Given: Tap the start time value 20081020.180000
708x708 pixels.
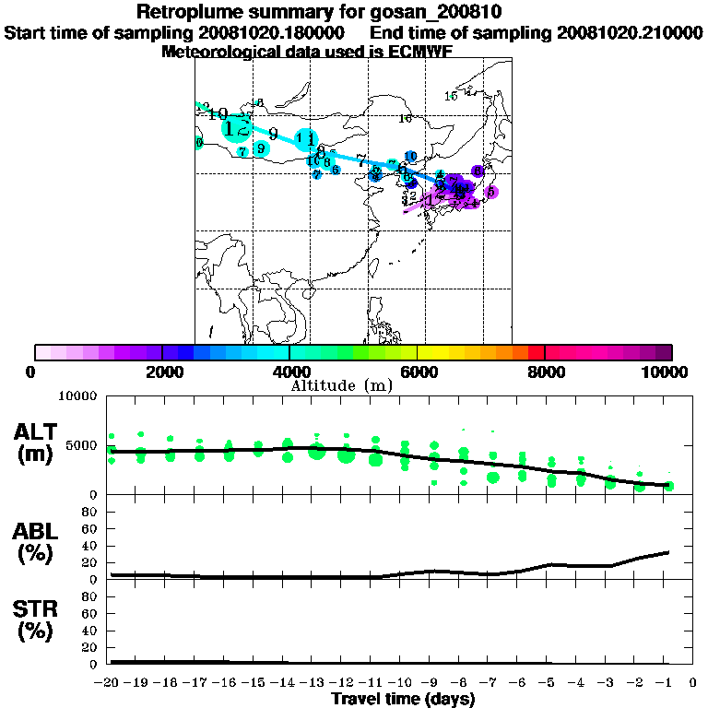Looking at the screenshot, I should click(272, 32).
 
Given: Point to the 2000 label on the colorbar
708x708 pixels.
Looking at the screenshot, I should click(161, 372).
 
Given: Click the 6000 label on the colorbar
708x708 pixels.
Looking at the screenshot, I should click(417, 372).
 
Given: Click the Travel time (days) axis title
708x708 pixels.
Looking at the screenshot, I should click(403, 699).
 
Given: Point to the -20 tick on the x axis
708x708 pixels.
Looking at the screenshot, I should click(110, 683).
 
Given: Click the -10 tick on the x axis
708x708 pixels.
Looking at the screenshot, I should click(403, 683).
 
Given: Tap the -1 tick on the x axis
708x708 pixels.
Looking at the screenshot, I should click(668, 683).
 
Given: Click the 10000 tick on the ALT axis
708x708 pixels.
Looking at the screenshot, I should click(77, 397).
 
